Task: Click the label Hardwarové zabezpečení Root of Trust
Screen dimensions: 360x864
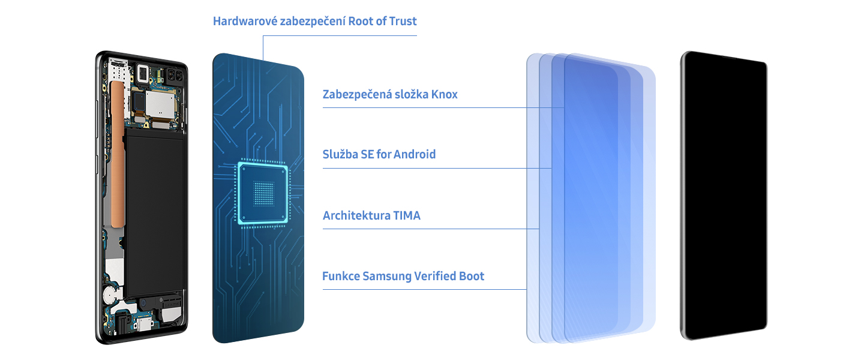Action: coord(314,22)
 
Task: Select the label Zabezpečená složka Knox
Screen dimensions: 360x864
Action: coord(390,95)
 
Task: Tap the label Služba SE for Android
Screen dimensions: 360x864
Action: coord(379,155)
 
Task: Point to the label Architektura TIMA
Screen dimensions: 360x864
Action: coord(371,216)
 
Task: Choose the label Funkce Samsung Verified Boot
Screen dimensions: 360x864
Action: coord(403,277)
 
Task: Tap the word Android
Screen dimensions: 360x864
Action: coord(413,155)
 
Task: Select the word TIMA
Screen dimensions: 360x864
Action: coord(407,216)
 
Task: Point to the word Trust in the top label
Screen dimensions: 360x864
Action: coord(402,22)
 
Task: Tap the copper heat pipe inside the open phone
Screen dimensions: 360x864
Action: coord(116,150)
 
